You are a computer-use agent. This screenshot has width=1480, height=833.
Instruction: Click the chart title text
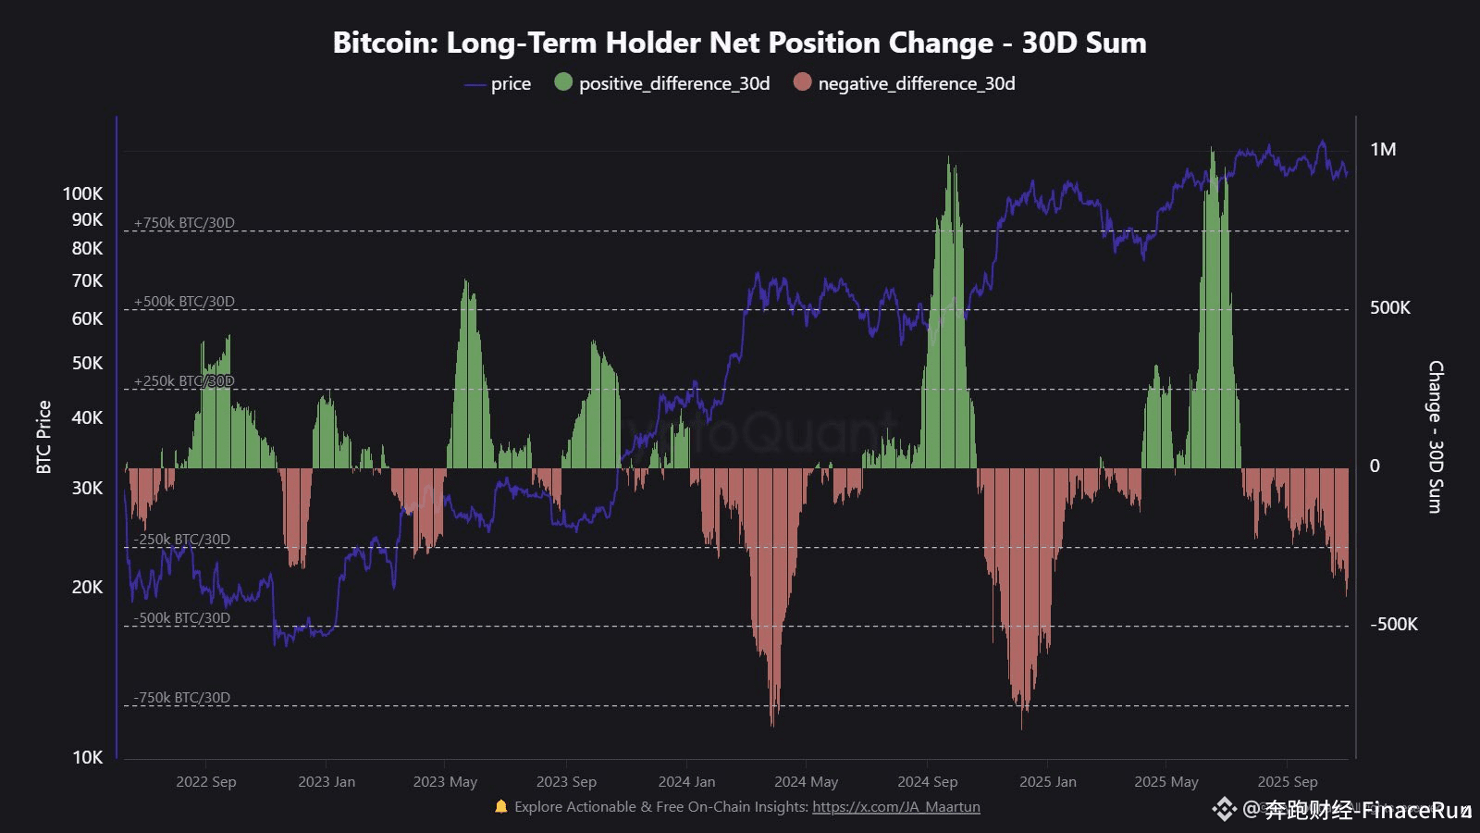pos(739,43)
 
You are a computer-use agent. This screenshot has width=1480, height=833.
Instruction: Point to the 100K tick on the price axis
pos(82,193)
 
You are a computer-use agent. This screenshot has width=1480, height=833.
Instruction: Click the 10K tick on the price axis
pos(87,757)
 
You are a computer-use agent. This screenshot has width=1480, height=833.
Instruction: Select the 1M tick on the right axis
pos(1383,150)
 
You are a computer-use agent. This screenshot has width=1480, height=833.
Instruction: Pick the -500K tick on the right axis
pos(1393,625)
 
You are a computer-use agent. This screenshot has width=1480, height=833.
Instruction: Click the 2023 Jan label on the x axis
pos(326,782)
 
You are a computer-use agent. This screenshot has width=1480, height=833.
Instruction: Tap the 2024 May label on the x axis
pos(806,782)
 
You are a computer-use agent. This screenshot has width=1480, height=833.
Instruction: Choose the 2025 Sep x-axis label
pos(1287,782)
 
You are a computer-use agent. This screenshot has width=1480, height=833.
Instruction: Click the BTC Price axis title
pos(43,437)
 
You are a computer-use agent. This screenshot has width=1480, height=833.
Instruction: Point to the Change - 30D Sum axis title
pos(1435,437)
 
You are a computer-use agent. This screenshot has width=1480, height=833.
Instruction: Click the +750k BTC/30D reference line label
pos(184,223)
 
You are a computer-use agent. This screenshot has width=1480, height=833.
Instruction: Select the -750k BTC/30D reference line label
pos(181,698)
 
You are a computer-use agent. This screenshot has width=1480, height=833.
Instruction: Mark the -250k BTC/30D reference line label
pos(181,540)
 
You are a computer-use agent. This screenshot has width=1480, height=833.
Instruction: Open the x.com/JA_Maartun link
pos(895,807)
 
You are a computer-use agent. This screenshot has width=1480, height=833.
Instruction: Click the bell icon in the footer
pos(500,806)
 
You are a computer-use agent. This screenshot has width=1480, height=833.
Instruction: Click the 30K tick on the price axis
pos(87,488)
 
